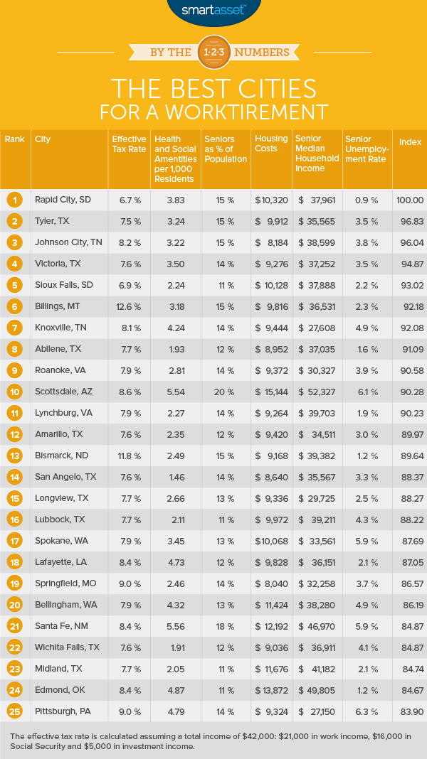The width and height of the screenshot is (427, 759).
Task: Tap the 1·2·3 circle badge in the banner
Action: coord(213,53)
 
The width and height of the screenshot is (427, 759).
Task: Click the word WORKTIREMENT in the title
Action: coord(258,112)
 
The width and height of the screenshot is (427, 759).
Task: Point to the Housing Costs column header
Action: coord(271,144)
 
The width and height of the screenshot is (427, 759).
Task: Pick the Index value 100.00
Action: coord(409,200)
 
